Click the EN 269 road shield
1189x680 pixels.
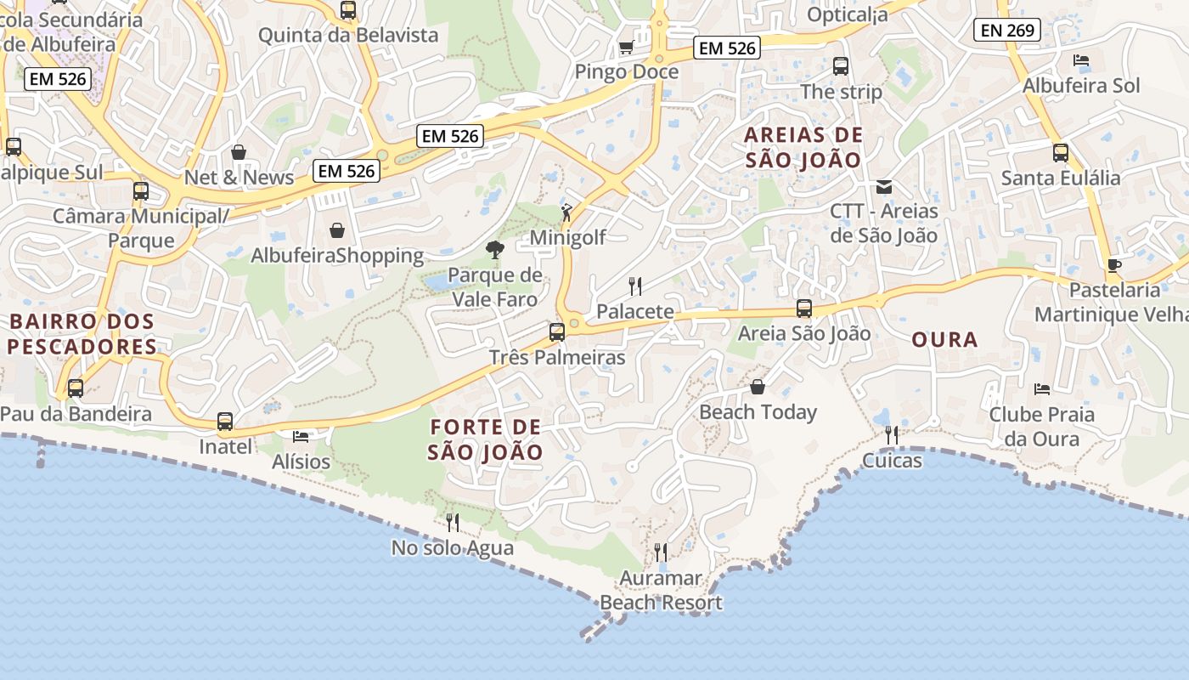tap(1007, 31)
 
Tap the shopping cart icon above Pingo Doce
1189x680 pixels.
tap(626, 48)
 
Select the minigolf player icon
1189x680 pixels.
tap(566, 212)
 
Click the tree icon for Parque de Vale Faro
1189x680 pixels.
tap(494, 250)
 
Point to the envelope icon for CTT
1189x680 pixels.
tap(884, 186)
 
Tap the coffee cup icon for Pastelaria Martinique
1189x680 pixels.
tap(1113, 265)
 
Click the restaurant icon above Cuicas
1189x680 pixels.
tap(892, 435)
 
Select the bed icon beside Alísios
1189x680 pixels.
tap(301, 437)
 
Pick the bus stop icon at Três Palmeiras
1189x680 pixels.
tap(557, 332)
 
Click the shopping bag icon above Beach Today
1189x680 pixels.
tap(758, 388)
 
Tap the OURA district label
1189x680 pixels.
tap(944, 340)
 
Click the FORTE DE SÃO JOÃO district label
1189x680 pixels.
tap(485, 439)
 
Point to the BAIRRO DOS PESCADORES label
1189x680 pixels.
tap(82, 335)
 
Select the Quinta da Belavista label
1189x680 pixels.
tap(348, 35)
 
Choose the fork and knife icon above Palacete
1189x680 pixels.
tap(634, 286)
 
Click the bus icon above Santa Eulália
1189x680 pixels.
tap(1061, 153)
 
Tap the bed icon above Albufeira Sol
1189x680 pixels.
tap(1081, 60)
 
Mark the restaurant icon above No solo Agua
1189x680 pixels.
tap(453, 522)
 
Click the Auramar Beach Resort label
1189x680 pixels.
tap(661, 591)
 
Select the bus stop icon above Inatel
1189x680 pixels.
tap(225, 421)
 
